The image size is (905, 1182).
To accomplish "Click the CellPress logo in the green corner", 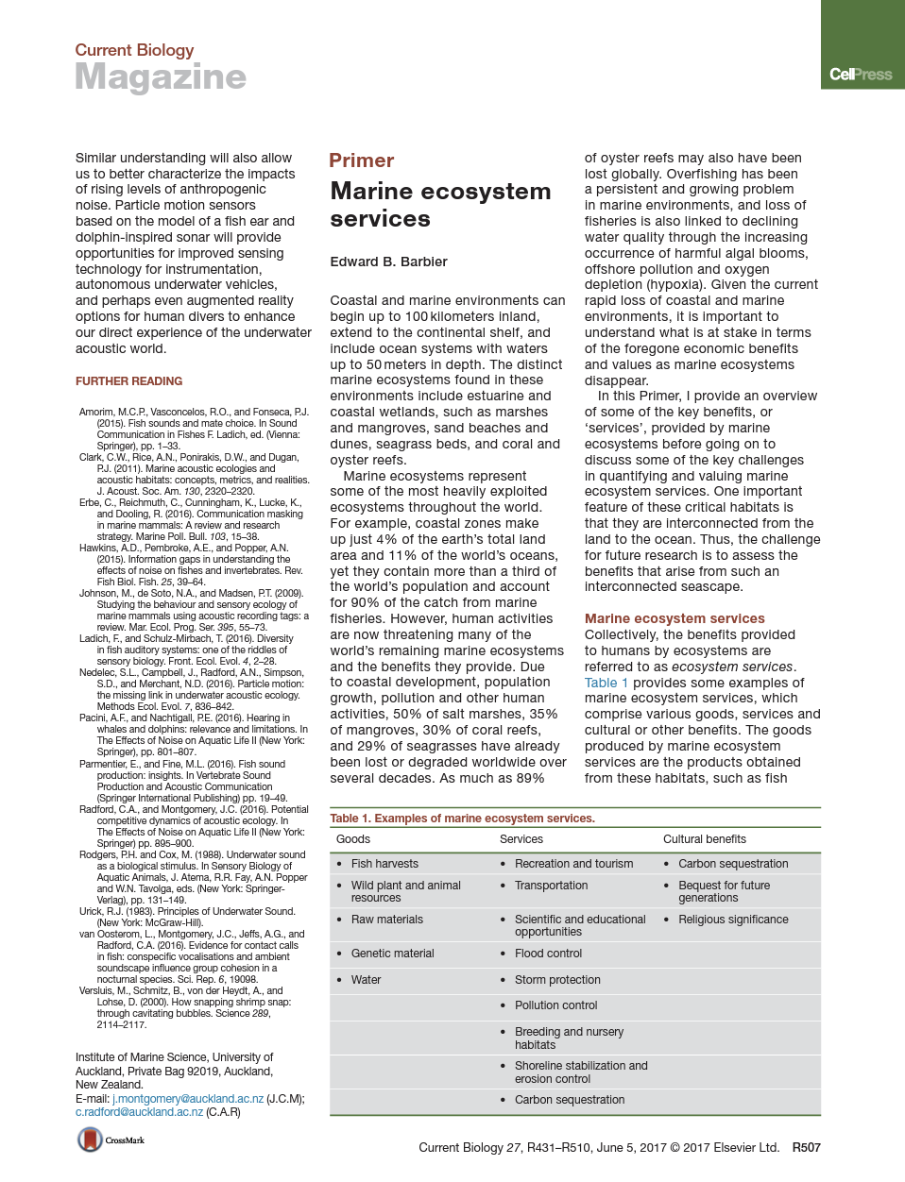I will tap(860, 75).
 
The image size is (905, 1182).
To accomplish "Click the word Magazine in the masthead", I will tap(161, 76).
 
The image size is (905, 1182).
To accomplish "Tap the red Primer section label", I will tap(361, 160).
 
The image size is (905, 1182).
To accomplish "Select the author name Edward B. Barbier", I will tap(388, 262).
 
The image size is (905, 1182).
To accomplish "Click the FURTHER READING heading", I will tap(128, 381).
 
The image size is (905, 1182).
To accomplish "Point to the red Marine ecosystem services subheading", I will tap(674, 618).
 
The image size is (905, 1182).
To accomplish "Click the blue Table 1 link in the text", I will tap(606, 683).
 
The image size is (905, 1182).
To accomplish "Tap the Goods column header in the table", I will tap(352, 839).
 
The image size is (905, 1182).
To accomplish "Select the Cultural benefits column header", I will tap(704, 839).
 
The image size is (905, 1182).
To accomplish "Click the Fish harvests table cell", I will tap(384, 864).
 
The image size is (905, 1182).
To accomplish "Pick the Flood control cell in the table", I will tap(548, 954).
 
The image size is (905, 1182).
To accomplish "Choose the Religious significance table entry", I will tap(733, 920).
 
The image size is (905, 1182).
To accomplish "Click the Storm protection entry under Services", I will tap(557, 980).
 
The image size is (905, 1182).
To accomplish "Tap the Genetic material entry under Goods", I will tap(392, 954).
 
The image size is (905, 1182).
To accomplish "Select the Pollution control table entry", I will tap(555, 1005).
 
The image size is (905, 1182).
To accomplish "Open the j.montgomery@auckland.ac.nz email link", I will tap(187, 1099).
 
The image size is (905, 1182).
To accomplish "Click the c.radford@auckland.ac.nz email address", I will tap(139, 1112).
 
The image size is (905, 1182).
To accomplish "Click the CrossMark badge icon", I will tap(91, 1140).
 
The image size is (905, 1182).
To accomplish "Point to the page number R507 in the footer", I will tap(806, 1148).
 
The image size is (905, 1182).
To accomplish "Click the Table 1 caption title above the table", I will tap(462, 819).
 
